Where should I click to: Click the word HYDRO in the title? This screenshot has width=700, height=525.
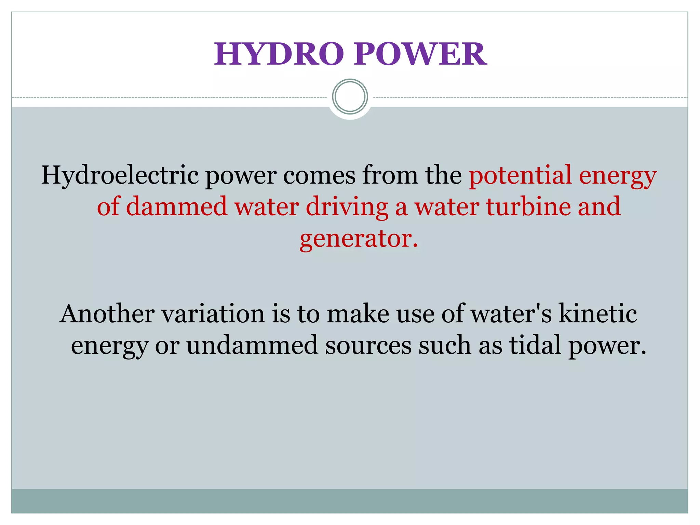point(279,54)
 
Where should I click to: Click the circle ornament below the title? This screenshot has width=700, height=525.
point(350,96)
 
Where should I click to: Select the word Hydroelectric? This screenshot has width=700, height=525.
point(120,175)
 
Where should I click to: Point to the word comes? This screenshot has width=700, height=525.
point(319,175)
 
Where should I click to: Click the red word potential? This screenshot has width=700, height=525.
point(520,175)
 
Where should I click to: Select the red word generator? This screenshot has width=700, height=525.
point(358,239)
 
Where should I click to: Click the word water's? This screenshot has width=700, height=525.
point(511,313)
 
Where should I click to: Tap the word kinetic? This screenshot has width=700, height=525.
point(598,313)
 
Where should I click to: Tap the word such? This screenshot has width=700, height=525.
point(445,345)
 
